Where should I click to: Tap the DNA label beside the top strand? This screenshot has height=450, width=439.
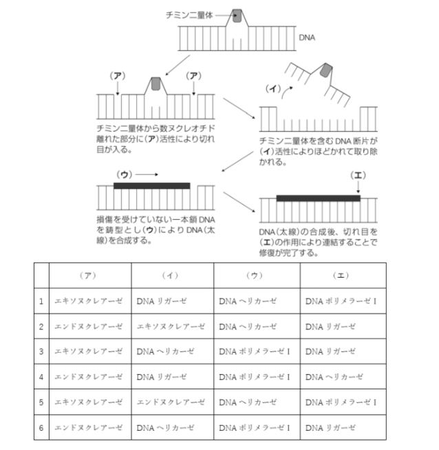click(307, 38)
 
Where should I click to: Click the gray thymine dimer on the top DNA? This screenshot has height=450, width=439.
click(237, 17)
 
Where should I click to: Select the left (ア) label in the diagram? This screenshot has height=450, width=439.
click(118, 76)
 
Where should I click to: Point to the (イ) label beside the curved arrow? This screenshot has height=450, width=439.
click(274, 88)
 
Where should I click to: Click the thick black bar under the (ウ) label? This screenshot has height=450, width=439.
click(151, 185)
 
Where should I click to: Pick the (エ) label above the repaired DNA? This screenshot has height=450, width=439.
click(358, 175)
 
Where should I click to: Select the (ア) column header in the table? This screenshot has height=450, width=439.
click(89, 274)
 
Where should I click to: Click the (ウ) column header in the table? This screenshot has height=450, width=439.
click(256, 274)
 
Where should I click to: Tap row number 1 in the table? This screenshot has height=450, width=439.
click(41, 300)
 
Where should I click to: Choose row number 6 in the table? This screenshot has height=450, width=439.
click(41, 427)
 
